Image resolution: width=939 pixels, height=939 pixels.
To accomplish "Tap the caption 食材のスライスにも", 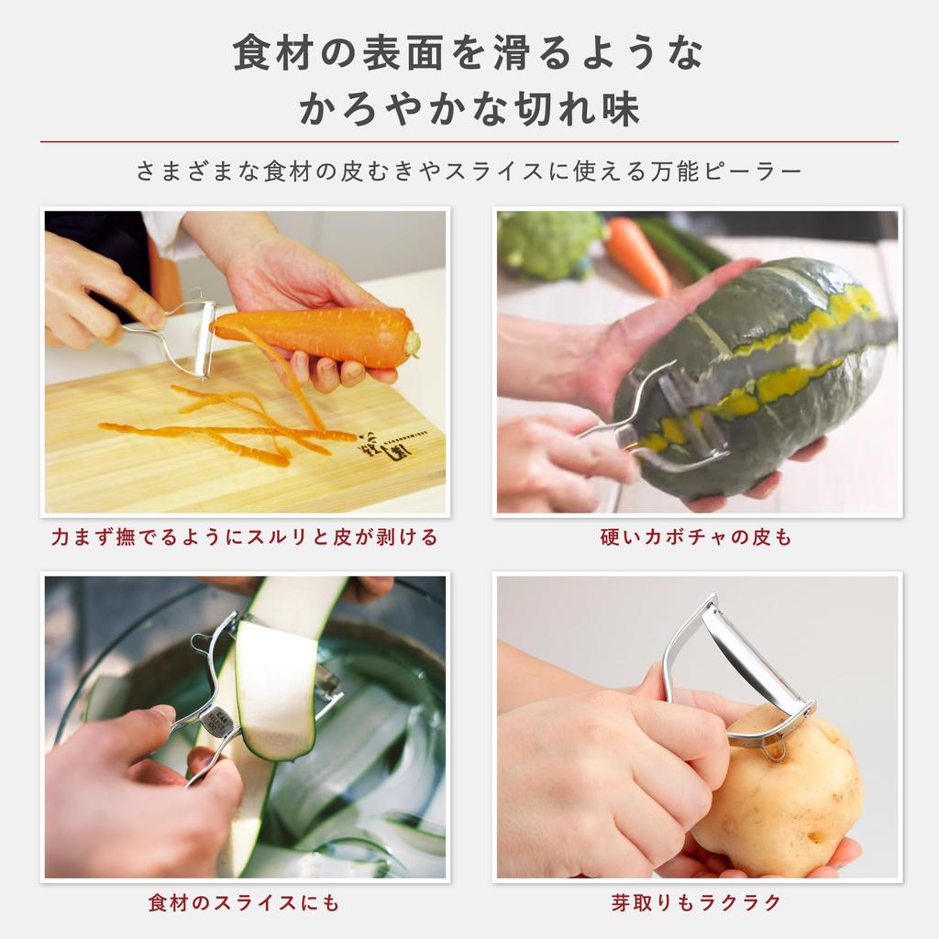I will (244, 903).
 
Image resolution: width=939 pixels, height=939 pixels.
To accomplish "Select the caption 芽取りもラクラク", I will (697, 903).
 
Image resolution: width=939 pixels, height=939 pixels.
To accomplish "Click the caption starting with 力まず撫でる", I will (244, 537).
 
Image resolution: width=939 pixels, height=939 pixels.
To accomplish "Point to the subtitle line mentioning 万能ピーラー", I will (469, 171).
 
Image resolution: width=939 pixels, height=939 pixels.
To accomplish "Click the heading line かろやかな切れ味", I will (469, 108).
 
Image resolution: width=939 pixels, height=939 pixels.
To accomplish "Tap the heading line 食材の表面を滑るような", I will (469, 53).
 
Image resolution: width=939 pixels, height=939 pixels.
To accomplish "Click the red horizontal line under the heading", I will (469, 142).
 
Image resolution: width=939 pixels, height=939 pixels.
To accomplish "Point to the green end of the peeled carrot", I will (412, 343).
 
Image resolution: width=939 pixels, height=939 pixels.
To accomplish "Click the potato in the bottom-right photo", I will (789, 793).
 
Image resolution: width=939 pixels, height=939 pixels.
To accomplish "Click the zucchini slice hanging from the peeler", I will (275, 688).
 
